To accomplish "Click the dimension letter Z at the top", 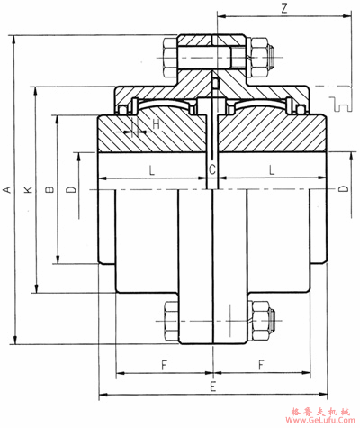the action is point(284,9).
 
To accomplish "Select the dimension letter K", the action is point(28,189).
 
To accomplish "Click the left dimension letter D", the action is point(71,189).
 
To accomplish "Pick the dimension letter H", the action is point(156,124).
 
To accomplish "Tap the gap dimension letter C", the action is point(212,170).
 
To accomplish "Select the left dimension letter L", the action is point(152,170).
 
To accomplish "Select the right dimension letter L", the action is point(272,170).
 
